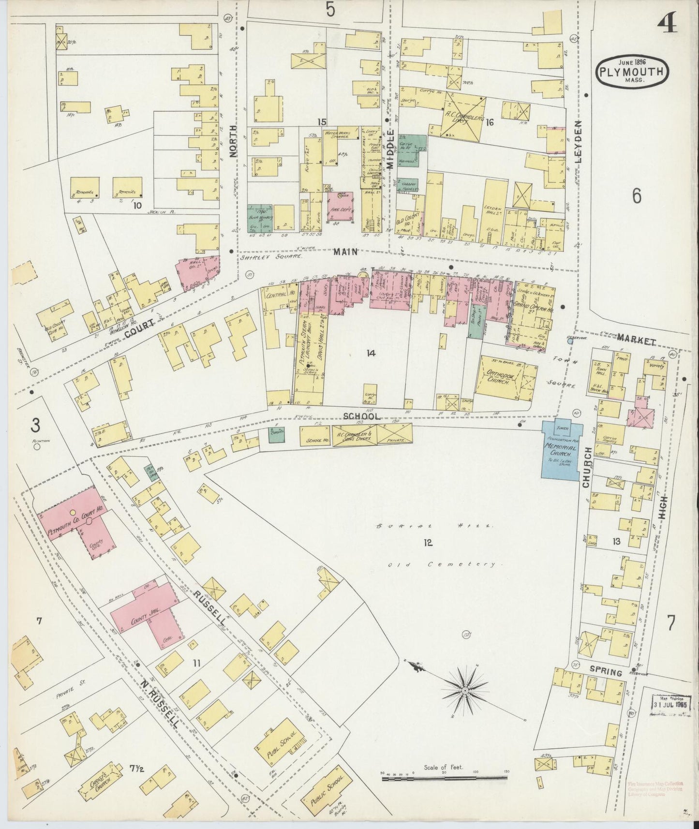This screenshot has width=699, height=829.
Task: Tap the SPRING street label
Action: pos(606,672)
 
